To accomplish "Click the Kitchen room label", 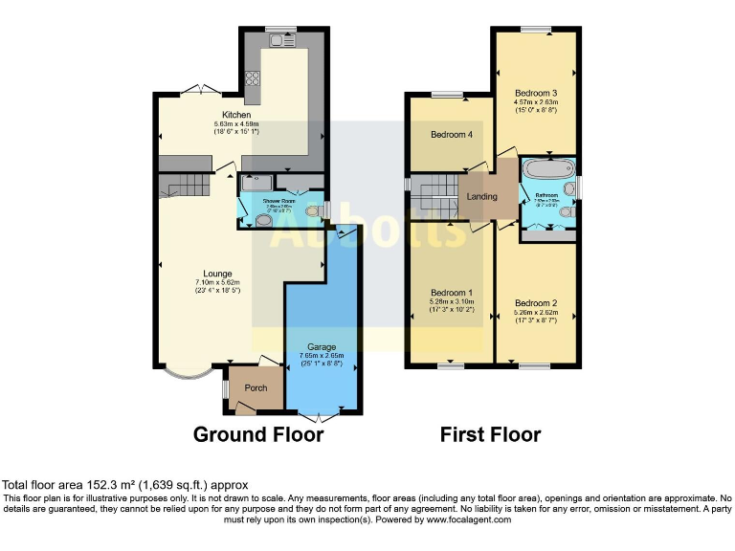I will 236,115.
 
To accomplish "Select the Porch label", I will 256,387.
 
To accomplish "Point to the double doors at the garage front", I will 323,416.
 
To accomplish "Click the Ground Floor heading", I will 258,435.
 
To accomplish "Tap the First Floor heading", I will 490,435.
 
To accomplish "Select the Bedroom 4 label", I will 452,135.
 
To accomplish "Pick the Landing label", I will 481,197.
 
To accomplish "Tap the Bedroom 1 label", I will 450,292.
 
